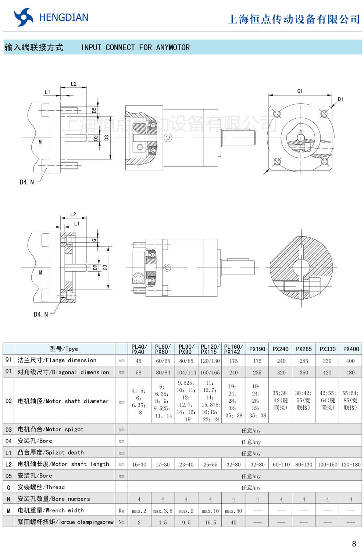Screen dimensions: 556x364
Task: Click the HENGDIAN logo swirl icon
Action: (24, 17)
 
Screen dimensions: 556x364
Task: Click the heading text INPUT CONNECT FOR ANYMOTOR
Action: (135, 47)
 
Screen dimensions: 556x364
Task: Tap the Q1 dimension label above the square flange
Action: (300, 91)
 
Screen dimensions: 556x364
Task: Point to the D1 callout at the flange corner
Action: (340, 99)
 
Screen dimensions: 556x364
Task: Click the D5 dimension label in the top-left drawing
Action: (94, 110)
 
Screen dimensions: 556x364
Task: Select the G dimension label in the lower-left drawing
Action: (94, 240)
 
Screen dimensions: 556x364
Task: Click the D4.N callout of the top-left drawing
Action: (26, 182)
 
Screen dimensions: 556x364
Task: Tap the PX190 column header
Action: (257, 349)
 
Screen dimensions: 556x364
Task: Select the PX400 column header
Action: (351, 349)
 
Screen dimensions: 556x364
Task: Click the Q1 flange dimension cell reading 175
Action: (233, 361)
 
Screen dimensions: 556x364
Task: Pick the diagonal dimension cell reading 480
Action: (350, 372)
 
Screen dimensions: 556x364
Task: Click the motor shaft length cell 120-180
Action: (351, 464)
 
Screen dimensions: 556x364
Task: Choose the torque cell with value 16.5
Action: (210, 522)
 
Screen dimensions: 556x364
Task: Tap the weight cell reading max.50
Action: (233, 511)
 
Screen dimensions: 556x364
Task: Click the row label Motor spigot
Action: (50, 429)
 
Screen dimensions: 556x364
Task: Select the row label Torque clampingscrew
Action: (65, 522)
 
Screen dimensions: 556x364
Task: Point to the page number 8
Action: (354, 544)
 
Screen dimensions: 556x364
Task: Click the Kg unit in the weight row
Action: (121, 510)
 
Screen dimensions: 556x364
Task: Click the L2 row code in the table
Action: (8, 464)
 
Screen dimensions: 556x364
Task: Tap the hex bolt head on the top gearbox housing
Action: (168, 138)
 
